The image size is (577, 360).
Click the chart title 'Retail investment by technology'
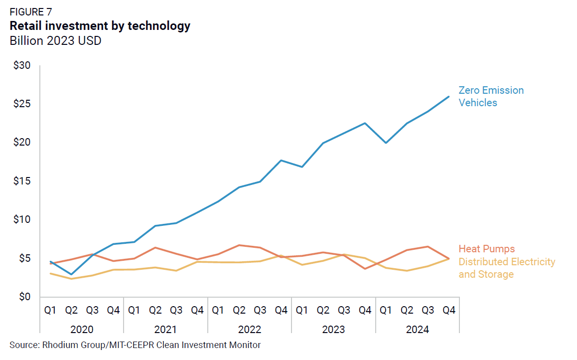pyautogui.click(x=100, y=26)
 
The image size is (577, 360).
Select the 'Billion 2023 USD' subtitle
pyautogui.click(x=55, y=41)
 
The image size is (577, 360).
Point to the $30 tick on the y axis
pyautogui.click(x=21, y=66)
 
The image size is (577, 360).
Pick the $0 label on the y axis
pyautogui.click(x=24, y=297)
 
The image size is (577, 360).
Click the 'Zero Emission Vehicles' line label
pyautogui.click(x=491, y=96)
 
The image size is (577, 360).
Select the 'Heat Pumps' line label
pyautogui.click(x=486, y=249)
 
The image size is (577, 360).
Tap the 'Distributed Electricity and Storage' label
pyautogui.click(x=506, y=268)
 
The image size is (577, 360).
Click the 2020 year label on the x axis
pyautogui.click(x=82, y=330)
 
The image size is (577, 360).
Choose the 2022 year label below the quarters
pyautogui.click(x=250, y=330)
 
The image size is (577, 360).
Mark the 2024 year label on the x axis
pyautogui.click(x=418, y=330)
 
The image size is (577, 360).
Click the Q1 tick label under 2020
pyautogui.click(x=50, y=310)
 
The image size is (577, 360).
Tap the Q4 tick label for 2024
pyautogui.click(x=449, y=310)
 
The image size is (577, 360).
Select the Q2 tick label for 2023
pyautogui.click(x=323, y=310)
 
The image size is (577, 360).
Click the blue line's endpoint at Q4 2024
pyautogui.click(x=449, y=97)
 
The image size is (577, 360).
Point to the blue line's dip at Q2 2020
pyautogui.click(x=71, y=274)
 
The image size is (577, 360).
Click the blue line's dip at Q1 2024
pyautogui.click(x=386, y=143)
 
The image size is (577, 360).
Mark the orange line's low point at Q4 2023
pyautogui.click(x=365, y=269)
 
